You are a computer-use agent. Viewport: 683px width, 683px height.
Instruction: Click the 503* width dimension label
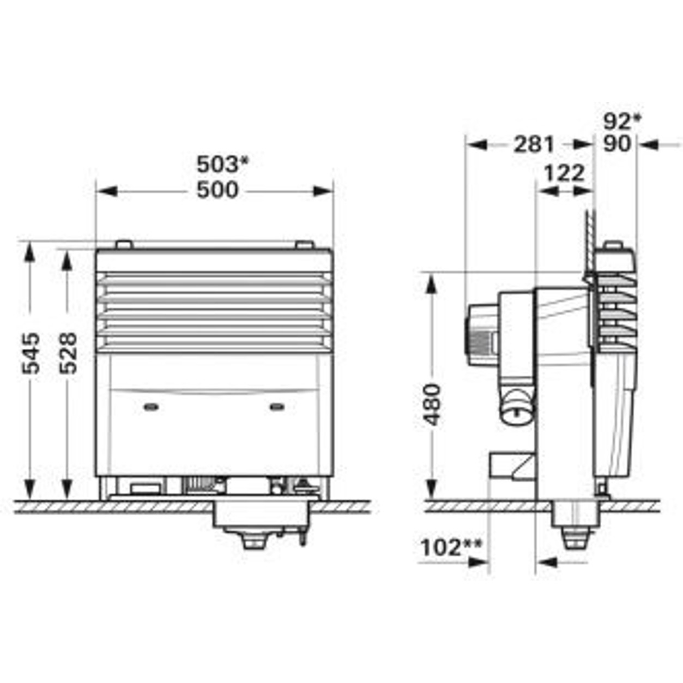click(x=223, y=165)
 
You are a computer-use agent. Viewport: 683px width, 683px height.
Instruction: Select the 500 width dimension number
click(x=217, y=190)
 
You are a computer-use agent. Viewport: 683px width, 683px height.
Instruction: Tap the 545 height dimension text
click(x=31, y=353)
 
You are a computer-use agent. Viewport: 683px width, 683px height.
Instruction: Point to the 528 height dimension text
click(x=68, y=353)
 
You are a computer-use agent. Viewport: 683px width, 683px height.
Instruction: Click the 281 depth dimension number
click(x=534, y=144)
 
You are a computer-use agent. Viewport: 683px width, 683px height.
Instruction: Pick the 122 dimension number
click(x=564, y=173)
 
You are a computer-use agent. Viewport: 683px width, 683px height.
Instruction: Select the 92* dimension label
click(x=622, y=122)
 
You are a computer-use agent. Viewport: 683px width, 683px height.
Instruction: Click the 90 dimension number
click(x=617, y=144)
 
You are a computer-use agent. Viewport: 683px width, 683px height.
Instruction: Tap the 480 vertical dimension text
click(x=432, y=405)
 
